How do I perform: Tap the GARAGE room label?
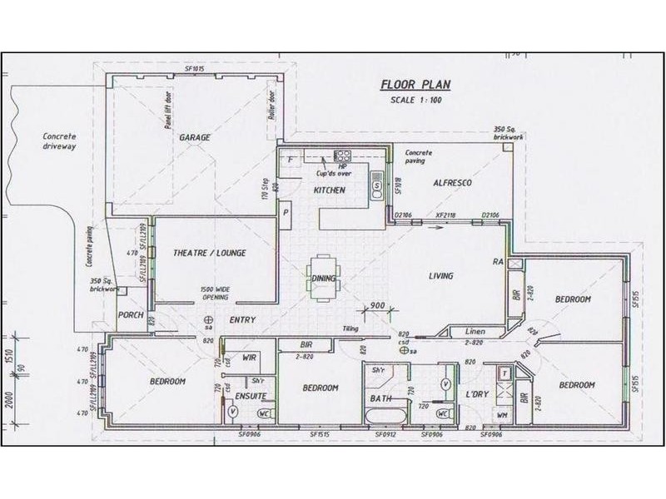click(195, 138)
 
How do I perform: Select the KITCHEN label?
click(329, 191)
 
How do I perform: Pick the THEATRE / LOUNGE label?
click(209, 253)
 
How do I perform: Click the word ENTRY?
click(241, 319)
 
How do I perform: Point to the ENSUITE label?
click(249, 397)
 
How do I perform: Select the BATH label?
click(380, 400)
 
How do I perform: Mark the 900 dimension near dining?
click(377, 305)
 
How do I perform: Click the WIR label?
click(248, 358)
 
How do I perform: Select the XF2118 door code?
click(446, 216)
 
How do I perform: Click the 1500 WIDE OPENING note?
click(216, 293)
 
